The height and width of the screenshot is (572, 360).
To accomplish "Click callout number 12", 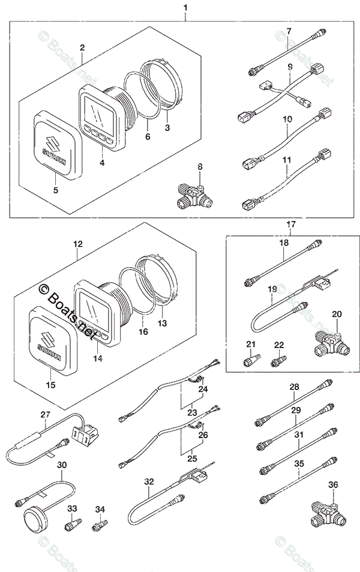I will [77, 245].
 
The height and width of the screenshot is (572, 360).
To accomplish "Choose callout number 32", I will [149, 481].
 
